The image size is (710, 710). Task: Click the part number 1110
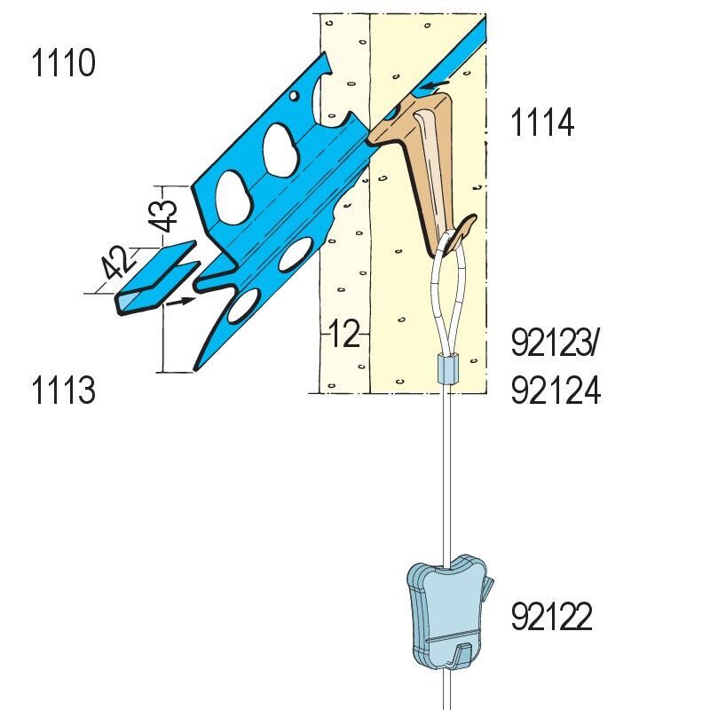click(63, 63)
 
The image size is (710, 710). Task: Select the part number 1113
click(63, 390)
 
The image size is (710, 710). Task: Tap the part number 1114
click(542, 122)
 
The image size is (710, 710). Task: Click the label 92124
click(556, 390)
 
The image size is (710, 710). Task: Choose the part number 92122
click(551, 616)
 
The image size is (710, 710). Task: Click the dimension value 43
click(163, 216)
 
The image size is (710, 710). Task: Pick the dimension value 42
click(117, 263)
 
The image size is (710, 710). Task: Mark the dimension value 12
click(344, 334)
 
